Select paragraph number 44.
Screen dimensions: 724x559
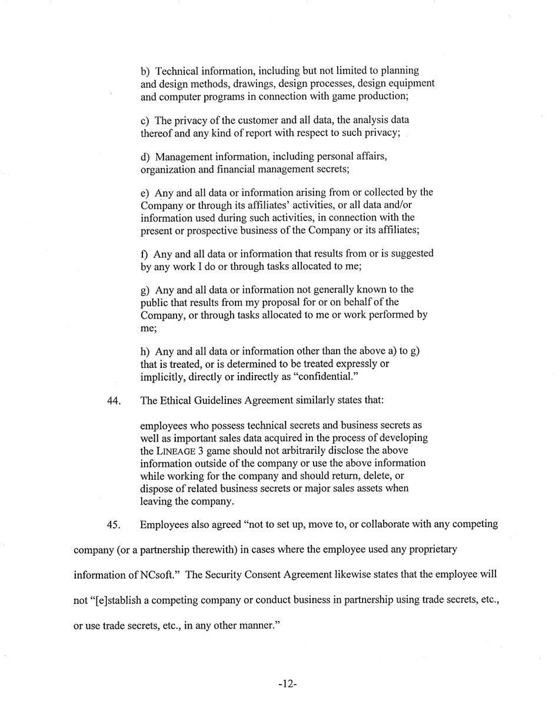[x=114, y=401]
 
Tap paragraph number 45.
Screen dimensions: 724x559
[x=114, y=524]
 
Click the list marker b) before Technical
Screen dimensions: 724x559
[x=146, y=71]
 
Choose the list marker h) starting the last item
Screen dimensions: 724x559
[x=146, y=351]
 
